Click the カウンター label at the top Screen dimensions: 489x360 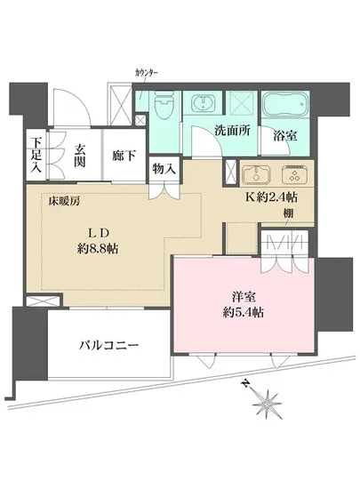(147, 72)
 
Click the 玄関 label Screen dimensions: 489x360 (78, 154)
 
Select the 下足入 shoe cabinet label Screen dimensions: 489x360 (36, 152)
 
